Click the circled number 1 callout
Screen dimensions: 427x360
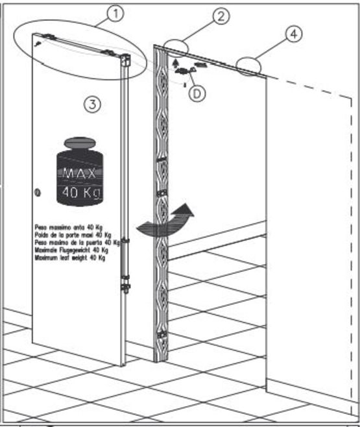tap(115, 14)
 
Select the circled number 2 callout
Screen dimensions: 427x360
tap(221, 16)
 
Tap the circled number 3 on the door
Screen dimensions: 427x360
tap(93, 104)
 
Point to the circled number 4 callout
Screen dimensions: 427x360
tap(293, 35)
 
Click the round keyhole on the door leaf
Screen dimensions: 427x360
tap(37, 192)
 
